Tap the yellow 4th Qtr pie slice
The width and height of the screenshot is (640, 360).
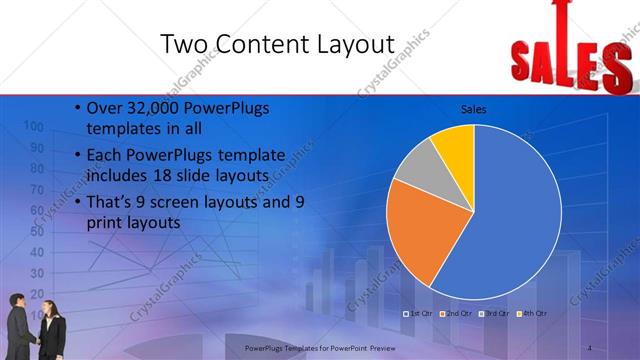pos(455,143)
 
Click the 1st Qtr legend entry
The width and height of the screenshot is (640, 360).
pos(416,314)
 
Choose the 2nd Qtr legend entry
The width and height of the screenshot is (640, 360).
pos(456,314)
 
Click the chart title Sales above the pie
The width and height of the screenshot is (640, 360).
pos(473,109)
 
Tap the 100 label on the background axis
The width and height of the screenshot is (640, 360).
pos(32,127)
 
